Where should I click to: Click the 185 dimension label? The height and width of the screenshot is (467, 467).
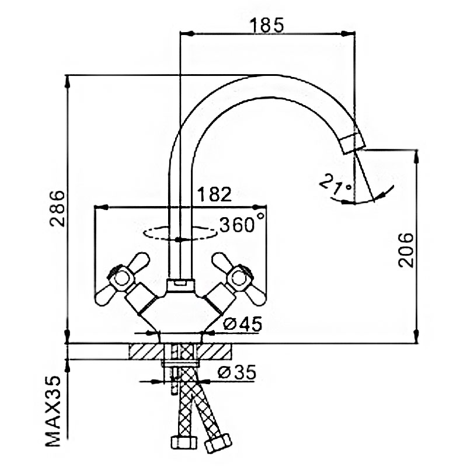[267, 25]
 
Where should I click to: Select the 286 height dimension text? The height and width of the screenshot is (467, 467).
[57, 208]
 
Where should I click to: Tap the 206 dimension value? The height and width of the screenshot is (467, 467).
[406, 250]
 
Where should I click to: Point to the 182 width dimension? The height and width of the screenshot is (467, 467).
[214, 194]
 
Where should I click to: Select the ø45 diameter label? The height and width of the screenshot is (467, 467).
[242, 324]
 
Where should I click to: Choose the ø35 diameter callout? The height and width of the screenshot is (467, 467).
[237, 372]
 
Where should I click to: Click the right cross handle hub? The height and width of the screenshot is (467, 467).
[238, 279]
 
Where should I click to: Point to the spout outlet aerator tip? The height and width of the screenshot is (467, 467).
[354, 144]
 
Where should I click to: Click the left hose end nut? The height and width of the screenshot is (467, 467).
[184, 442]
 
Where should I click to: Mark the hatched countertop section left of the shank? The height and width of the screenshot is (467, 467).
[146, 351]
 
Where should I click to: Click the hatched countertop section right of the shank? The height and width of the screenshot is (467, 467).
[214, 351]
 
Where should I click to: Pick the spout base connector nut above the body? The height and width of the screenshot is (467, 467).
[180, 285]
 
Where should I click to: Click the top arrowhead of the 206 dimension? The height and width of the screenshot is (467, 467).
[417, 156]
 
